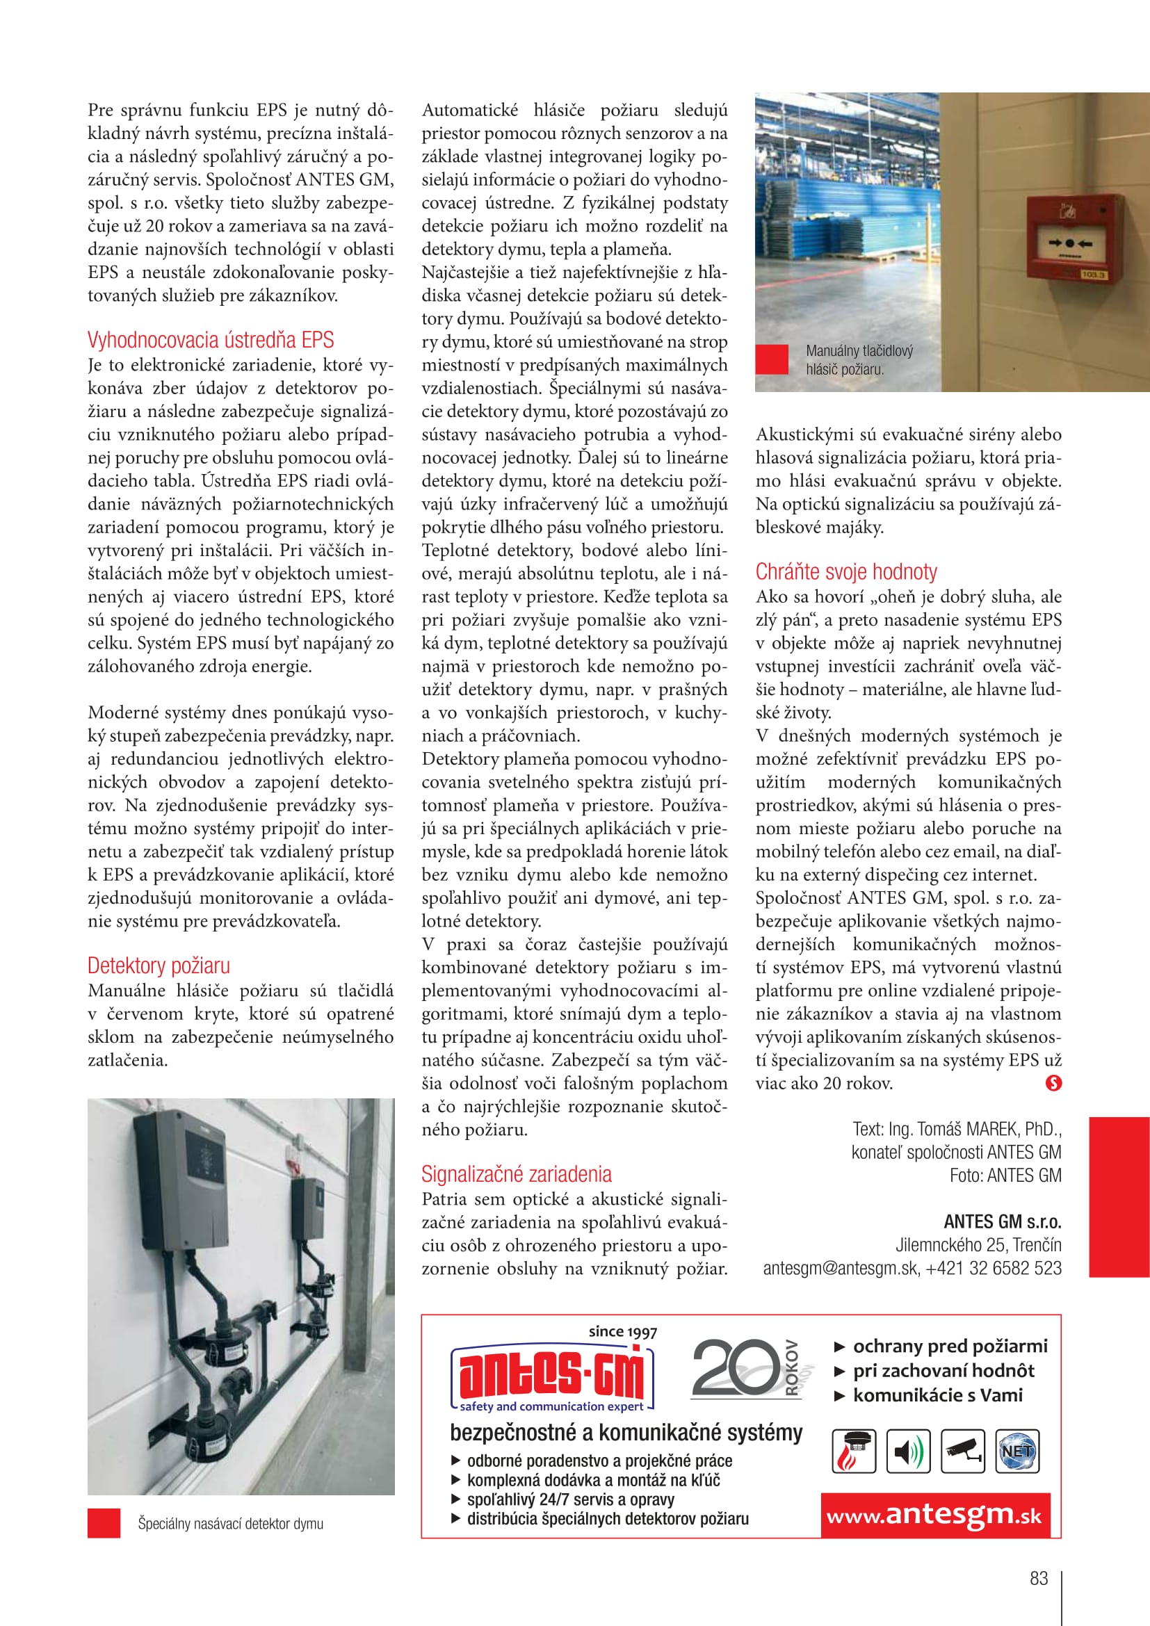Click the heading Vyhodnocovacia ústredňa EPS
coord(210,340)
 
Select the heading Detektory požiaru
coord(159,966)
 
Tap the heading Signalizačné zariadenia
coord(516,1174)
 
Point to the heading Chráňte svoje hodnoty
coord(846,571)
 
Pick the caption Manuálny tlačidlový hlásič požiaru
coord(859,360)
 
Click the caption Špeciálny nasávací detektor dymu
coord(230,1523)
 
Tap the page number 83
coord(1038,1578)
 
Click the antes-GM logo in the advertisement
coord(552,1375)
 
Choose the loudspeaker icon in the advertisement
coord(908,1451)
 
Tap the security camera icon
coord(962,1451)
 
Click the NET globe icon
coord(1017,1451)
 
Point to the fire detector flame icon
coord(853,1451)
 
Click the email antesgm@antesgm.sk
coord(841,1268)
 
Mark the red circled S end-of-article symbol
coord(1053,1083)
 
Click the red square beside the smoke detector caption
coord(104,1523)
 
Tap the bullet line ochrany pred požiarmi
coord(950,1346)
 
